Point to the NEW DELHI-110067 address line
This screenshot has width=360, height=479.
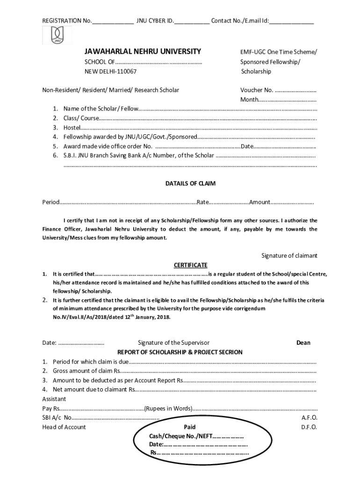point(111,72)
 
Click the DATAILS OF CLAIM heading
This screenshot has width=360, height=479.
point(190,183)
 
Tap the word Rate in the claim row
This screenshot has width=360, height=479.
point(202,202)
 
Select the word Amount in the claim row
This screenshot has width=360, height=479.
point(259,202)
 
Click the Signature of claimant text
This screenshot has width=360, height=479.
point(289,255)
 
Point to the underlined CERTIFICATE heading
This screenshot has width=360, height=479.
point(190,265)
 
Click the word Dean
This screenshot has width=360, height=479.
point(303,342)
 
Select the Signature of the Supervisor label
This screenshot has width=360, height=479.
point(173,342)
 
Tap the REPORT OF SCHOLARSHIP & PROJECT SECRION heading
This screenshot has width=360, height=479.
point(180,352)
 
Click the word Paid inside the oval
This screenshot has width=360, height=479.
point(189,427)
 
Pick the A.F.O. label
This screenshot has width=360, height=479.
point(309,418)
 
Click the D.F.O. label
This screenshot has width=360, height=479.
point(309,427)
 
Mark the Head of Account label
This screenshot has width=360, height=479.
point(64,427)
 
